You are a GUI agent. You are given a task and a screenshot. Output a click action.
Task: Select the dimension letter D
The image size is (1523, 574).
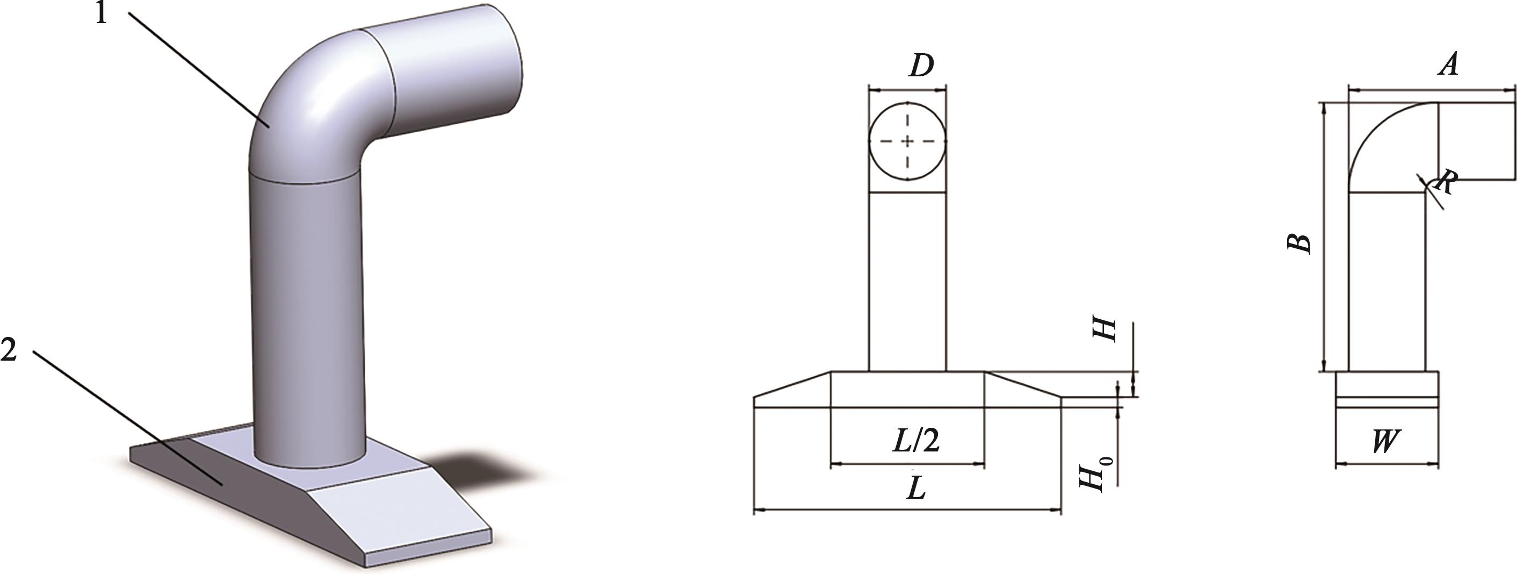(x=921, y=66)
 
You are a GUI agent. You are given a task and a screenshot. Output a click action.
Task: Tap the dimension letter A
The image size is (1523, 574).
(x=1448, y=64)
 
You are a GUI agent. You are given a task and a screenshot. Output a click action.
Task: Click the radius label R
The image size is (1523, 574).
(x=1445, y=182)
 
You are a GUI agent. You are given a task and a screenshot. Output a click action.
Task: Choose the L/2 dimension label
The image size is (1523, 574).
(x=915, y=440)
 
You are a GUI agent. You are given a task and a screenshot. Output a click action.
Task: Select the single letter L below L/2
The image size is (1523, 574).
(x=916, y=488)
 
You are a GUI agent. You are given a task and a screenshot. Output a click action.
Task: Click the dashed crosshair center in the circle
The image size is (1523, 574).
(x=907, y=141)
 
